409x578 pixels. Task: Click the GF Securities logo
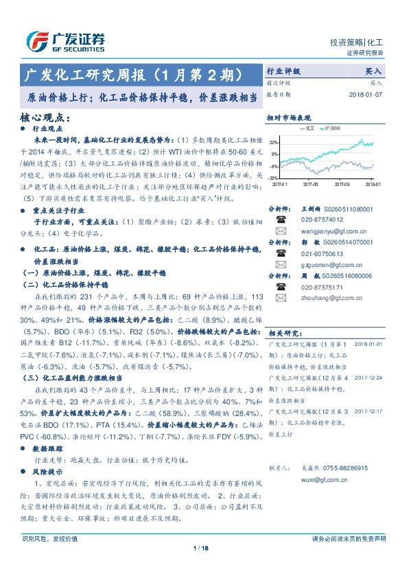pyautogui.click(x=65, y=41)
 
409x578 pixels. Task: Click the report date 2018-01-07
pyautogui.click(x=369, y=94)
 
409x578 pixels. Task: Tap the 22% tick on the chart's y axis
pyautogui.click(x=274, y=142)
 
